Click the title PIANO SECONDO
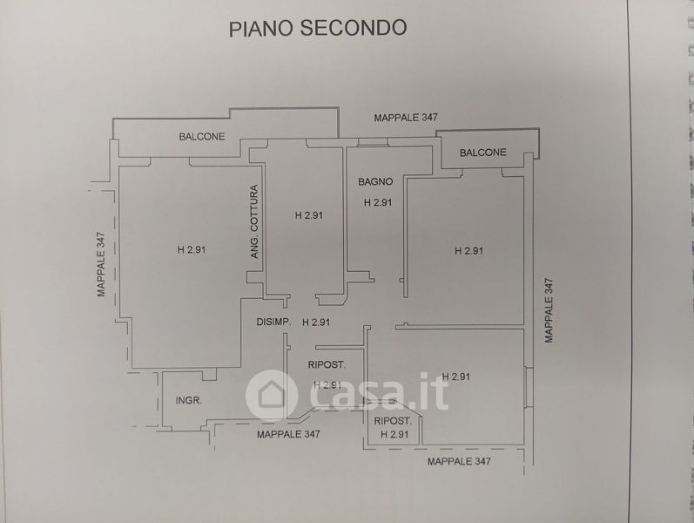pos(318,27)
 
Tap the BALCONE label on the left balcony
pos(202,136)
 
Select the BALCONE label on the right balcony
pos(482,153)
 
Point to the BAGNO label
pos(375,182)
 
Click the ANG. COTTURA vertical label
pos(254,222)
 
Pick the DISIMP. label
pos(273,323)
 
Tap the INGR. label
pos(189,401)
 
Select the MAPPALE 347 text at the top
pos(406,117)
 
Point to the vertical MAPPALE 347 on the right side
pos(549,309)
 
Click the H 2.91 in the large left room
pos(191,250)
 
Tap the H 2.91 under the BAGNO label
pos(378,203)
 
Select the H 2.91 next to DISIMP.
pos(316,323)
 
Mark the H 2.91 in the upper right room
pos(468,251)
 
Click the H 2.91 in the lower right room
pos(456,377)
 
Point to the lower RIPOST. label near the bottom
pos(391,421)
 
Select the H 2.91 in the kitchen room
pos(309,215)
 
